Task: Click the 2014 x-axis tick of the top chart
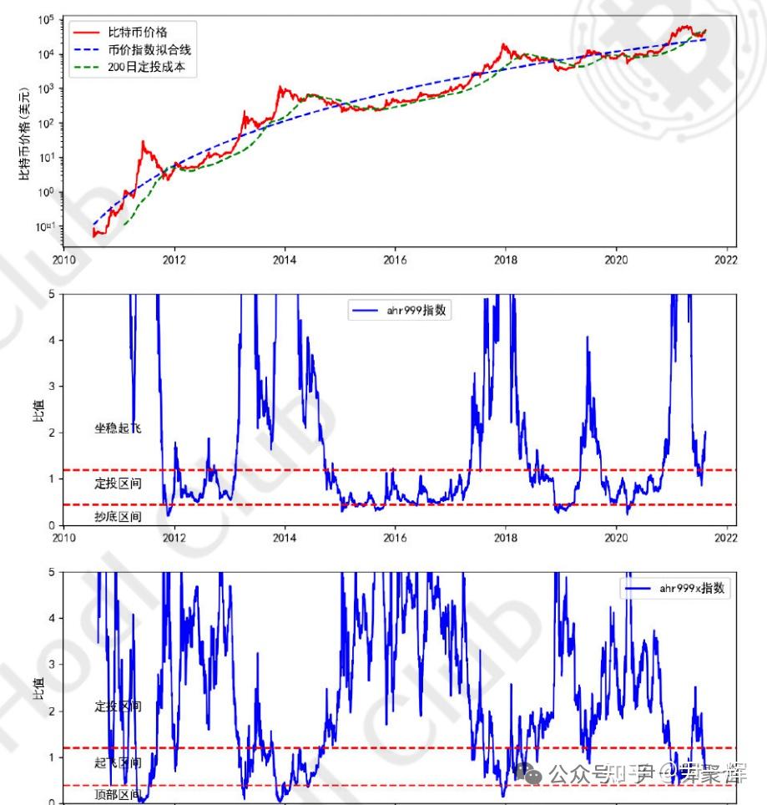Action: (x=285, y=259)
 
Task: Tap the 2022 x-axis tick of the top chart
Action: (x=725, y=259)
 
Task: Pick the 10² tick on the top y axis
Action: (x=46, y=124)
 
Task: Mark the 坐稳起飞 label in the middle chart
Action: (x=118, y=428)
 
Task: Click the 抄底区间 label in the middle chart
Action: (x=118, y=517)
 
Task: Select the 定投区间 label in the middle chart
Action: (x=118, y=484)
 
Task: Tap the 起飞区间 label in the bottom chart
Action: (x=118, y=762)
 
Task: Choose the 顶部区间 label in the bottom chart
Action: (x=118, y=793)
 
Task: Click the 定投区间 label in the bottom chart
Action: (x=118, y=706)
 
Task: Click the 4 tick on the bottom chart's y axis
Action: (x=52, y=619)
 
